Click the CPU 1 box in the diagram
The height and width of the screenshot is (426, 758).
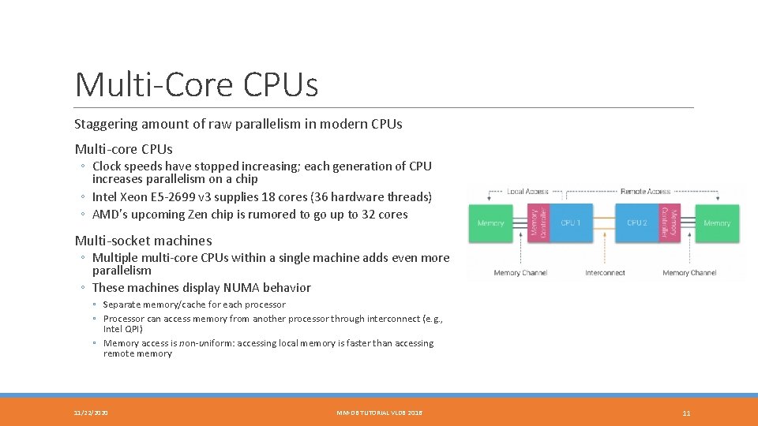point(570,223)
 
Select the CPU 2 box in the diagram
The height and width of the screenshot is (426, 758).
point(636,223)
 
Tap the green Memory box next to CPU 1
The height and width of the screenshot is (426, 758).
point(490,223)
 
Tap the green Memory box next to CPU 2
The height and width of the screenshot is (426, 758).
point(717,223)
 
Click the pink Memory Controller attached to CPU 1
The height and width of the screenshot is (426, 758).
point(538,223)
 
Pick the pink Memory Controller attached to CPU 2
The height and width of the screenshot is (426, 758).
point(670,223)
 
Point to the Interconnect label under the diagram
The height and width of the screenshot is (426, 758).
point(604,273)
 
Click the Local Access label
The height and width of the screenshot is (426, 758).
point(527,192)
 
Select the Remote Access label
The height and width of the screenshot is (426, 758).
point(645,192)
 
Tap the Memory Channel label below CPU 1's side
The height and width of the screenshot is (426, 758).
point(519,273)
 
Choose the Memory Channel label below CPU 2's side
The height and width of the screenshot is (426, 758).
point(689,273)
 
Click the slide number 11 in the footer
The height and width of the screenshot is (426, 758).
point(686,413)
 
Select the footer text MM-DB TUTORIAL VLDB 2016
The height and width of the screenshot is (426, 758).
point(379,413)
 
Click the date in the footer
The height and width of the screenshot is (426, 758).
point(92,413)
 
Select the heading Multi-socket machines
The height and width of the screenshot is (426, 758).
point(143,241)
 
